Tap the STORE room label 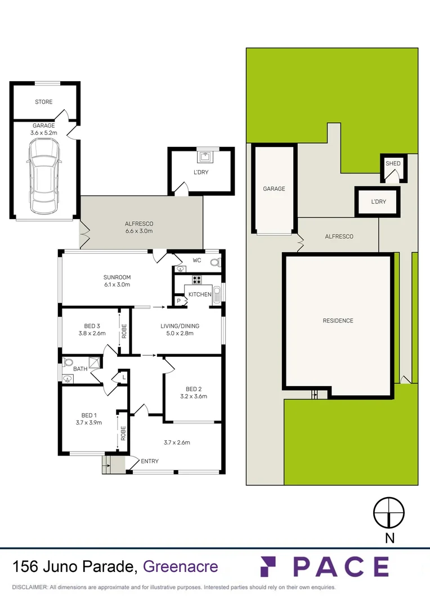tap(43, 102)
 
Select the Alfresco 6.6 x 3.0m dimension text tap(139, 231)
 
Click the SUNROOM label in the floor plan tap(117, 277)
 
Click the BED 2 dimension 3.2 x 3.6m tap(193, 396)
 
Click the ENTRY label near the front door tap(150, 462)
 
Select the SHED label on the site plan tap(393, 164)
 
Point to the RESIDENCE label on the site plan tap(338, 321)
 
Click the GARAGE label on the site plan tap(274, 189)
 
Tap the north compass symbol tap(389, 513)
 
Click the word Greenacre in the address tap(181, 566)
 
